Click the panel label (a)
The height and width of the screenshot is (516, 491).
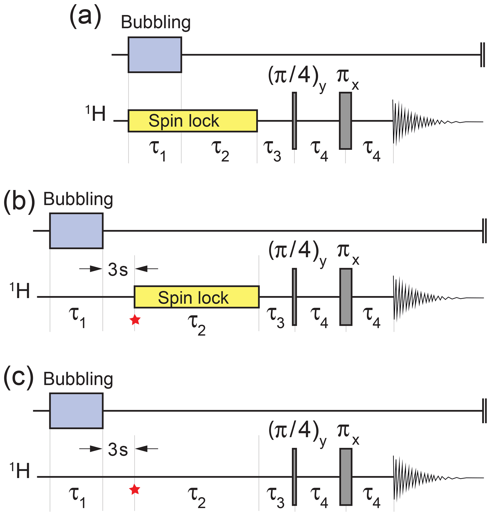tap(85, 17)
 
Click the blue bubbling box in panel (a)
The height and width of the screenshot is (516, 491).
tap(155, 55)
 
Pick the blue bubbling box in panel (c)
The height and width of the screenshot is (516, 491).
tap(76, 411)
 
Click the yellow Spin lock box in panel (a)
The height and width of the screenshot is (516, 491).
tap(193, 121)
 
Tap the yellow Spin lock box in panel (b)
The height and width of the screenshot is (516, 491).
tap(196, 297)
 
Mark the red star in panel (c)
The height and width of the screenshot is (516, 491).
tap(134, 489)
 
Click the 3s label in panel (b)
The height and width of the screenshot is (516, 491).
tap(118, 270)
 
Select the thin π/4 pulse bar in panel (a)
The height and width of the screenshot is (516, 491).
tap(294, 121)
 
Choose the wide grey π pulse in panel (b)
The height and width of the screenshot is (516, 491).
tap(346, 297)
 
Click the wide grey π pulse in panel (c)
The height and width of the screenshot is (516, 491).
tap(346, 477)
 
